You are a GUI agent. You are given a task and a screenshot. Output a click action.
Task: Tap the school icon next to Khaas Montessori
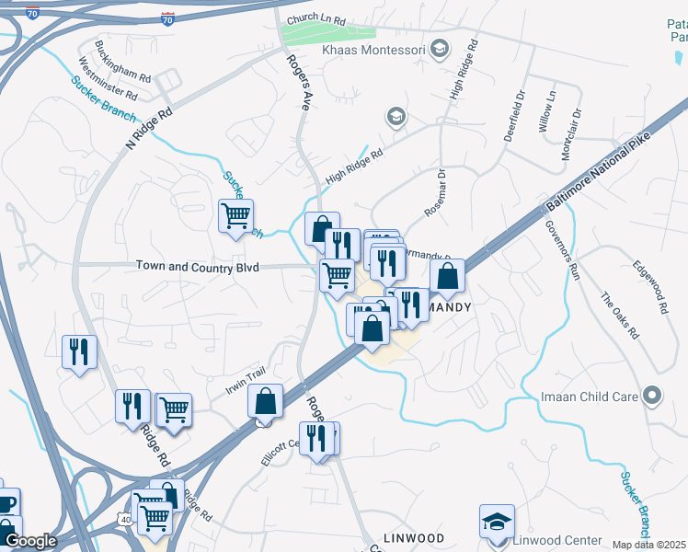coord(440,47)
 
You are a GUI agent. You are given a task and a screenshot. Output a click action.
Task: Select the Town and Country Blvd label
coord(198,266)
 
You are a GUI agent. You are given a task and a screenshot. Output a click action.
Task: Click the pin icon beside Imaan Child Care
coord(652,396)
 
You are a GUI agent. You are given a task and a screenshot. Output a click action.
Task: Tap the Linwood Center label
coord(558,540)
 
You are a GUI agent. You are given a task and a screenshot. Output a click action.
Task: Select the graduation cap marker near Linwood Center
coord(497,521)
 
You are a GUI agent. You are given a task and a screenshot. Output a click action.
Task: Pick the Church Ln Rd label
coord(315,19)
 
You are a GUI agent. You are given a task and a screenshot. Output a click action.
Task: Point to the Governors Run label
coord(562,249)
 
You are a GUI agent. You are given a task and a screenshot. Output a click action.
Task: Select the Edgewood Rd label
coord(649,287)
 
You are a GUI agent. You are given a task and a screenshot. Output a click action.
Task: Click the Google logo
coord(30,541)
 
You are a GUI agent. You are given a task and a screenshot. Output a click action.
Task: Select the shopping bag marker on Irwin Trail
coord(265,402)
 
